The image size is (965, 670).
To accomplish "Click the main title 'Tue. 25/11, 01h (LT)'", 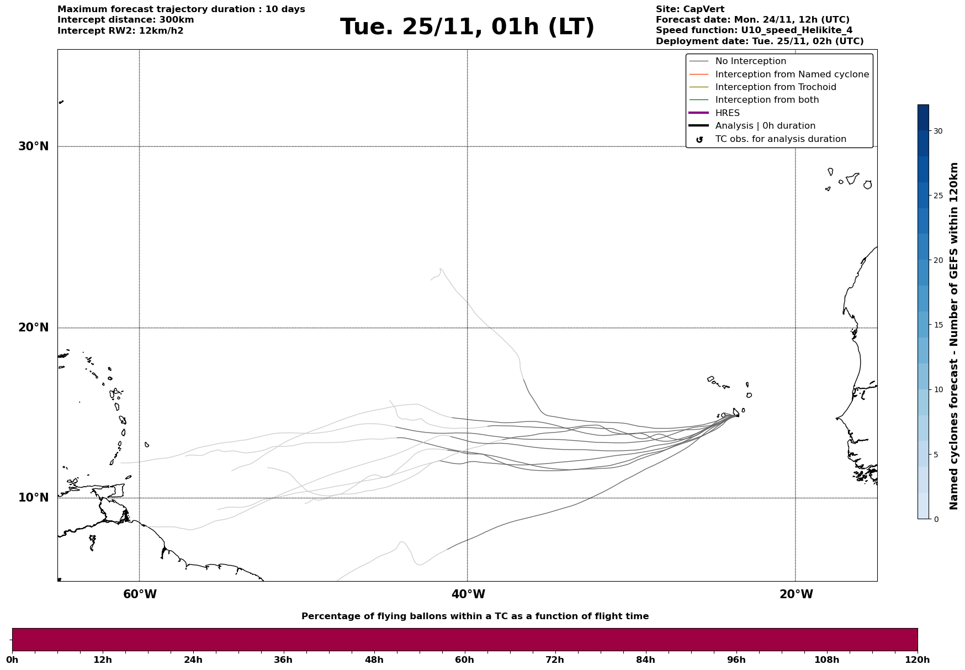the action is pos(467,27).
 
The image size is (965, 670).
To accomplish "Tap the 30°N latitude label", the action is pos(34,146).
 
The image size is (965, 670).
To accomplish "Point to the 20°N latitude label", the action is pos(34,328).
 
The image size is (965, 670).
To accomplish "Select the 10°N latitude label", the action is pos(34,498).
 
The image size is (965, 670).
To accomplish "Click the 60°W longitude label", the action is pos(140,594).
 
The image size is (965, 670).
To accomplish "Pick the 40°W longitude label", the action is pos(468,594).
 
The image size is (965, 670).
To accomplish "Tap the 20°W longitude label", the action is pos(796,594).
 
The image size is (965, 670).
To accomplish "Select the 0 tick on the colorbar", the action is pos(936,519).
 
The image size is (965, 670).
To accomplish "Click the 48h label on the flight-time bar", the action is pos(374,660).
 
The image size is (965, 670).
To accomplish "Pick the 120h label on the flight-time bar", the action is pos(918,660).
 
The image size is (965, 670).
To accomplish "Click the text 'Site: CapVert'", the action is pos(690,9).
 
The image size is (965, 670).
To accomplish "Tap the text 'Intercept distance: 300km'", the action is pos(126,20).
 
